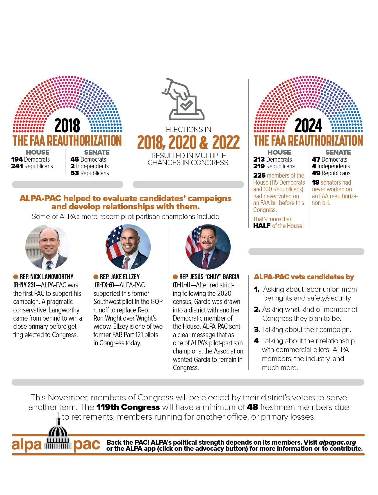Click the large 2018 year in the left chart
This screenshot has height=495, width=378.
(67, 125)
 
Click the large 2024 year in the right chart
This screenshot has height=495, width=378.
(308, 125)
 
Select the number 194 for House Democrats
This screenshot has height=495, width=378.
(17, 159)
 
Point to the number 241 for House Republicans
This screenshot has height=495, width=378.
(17, 166)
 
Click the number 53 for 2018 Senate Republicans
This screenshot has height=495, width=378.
(74, 173)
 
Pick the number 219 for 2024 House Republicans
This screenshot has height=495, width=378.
(259, 166)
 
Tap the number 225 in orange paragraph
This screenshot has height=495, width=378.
(259, 176)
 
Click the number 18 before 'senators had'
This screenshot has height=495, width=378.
(315, 183)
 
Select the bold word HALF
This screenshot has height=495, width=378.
(262, 226)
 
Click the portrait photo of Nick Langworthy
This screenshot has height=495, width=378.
(48, 247)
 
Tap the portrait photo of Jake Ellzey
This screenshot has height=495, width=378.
(128, 247)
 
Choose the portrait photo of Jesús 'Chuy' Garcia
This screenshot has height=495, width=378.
(208, 247)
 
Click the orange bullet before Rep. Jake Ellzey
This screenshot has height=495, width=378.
(96, 277)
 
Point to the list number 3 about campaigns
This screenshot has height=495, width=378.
(256, 330)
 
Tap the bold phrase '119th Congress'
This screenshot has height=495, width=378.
(128, 407)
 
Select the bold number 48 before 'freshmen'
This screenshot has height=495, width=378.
(252, 407)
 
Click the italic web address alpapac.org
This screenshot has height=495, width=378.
(337, 443)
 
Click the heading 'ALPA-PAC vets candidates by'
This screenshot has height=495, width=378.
(304, 277)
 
